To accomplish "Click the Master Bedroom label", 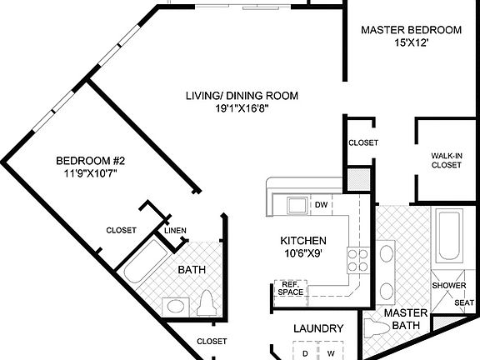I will [x=411, y=30].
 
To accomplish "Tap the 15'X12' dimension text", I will [x=411, y=44].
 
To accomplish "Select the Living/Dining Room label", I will [x=242, y=95].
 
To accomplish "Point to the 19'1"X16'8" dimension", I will [x=242, y=108].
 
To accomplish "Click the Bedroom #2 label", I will [x=90, y=161].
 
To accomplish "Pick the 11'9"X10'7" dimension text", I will [x=90, y=174].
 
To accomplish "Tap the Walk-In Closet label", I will [x=446, y=160].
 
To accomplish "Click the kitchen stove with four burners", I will [x=358, y=261].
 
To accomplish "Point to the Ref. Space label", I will [x=290, y=287].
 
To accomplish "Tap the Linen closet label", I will [x=175, y=231].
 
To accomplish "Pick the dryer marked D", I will [x=306, y=353].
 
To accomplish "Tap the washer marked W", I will [x=330, y=353].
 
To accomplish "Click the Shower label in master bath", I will [x=448, y=286].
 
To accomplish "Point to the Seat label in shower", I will [x=463, y=302].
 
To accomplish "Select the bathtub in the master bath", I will [x=449, y=237].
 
